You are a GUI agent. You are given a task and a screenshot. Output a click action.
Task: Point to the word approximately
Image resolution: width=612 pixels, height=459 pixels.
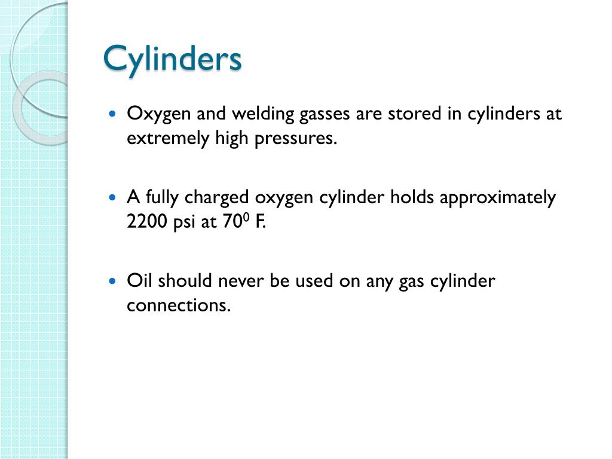coord(497,197)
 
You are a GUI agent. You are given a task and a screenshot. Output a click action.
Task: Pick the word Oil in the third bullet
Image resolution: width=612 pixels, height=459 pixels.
coord(139,281)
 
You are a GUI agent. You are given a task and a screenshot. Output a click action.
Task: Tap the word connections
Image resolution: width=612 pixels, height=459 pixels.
coord(178,305)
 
